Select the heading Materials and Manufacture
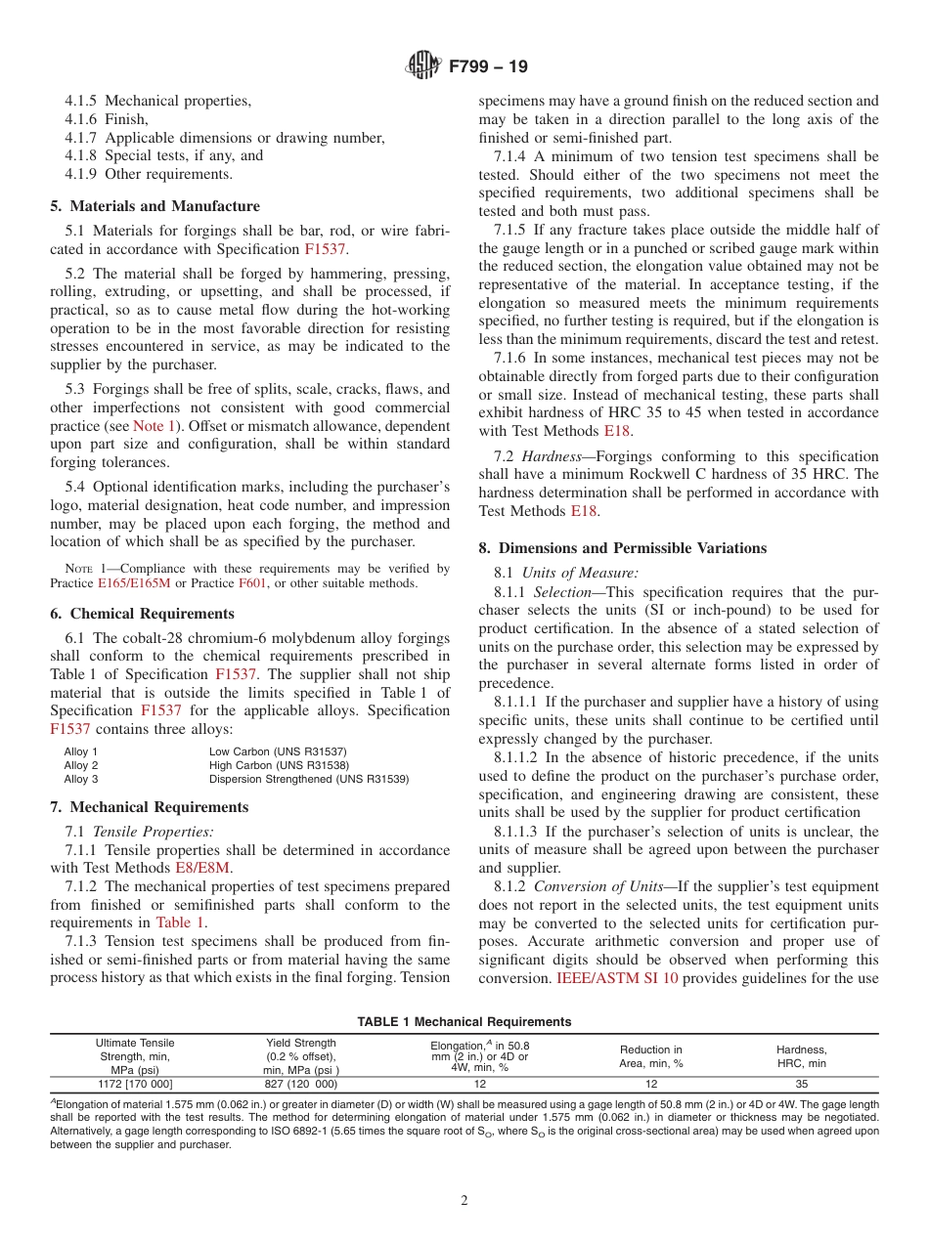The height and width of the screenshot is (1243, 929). tap(155, 206)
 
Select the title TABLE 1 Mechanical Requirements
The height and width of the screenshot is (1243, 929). tap(464, 1021)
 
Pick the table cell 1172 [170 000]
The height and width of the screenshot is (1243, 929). tap(135, 1084)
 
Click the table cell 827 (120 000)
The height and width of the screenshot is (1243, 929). tap(300, 1084)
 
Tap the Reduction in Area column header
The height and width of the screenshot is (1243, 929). tap(650, 1056)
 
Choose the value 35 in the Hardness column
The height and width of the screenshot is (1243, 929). tap(801, 1084)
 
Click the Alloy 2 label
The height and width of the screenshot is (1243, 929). tap(81, 765)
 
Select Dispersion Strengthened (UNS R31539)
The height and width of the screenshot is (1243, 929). tap(309, 779)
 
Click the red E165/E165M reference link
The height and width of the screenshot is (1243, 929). tap(135, 583)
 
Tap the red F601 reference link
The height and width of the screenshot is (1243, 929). tap(251, 583)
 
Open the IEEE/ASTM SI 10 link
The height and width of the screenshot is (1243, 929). tap(617, 977)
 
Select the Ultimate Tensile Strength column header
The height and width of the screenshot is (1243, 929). tap(135, 1056)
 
